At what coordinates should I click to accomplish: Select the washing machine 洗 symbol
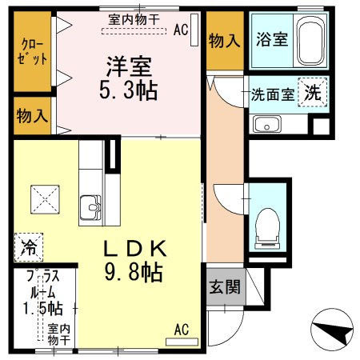313,92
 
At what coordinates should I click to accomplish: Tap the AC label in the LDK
182,328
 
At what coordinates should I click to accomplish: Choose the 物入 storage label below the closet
32,115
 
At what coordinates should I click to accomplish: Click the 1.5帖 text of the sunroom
42,306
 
